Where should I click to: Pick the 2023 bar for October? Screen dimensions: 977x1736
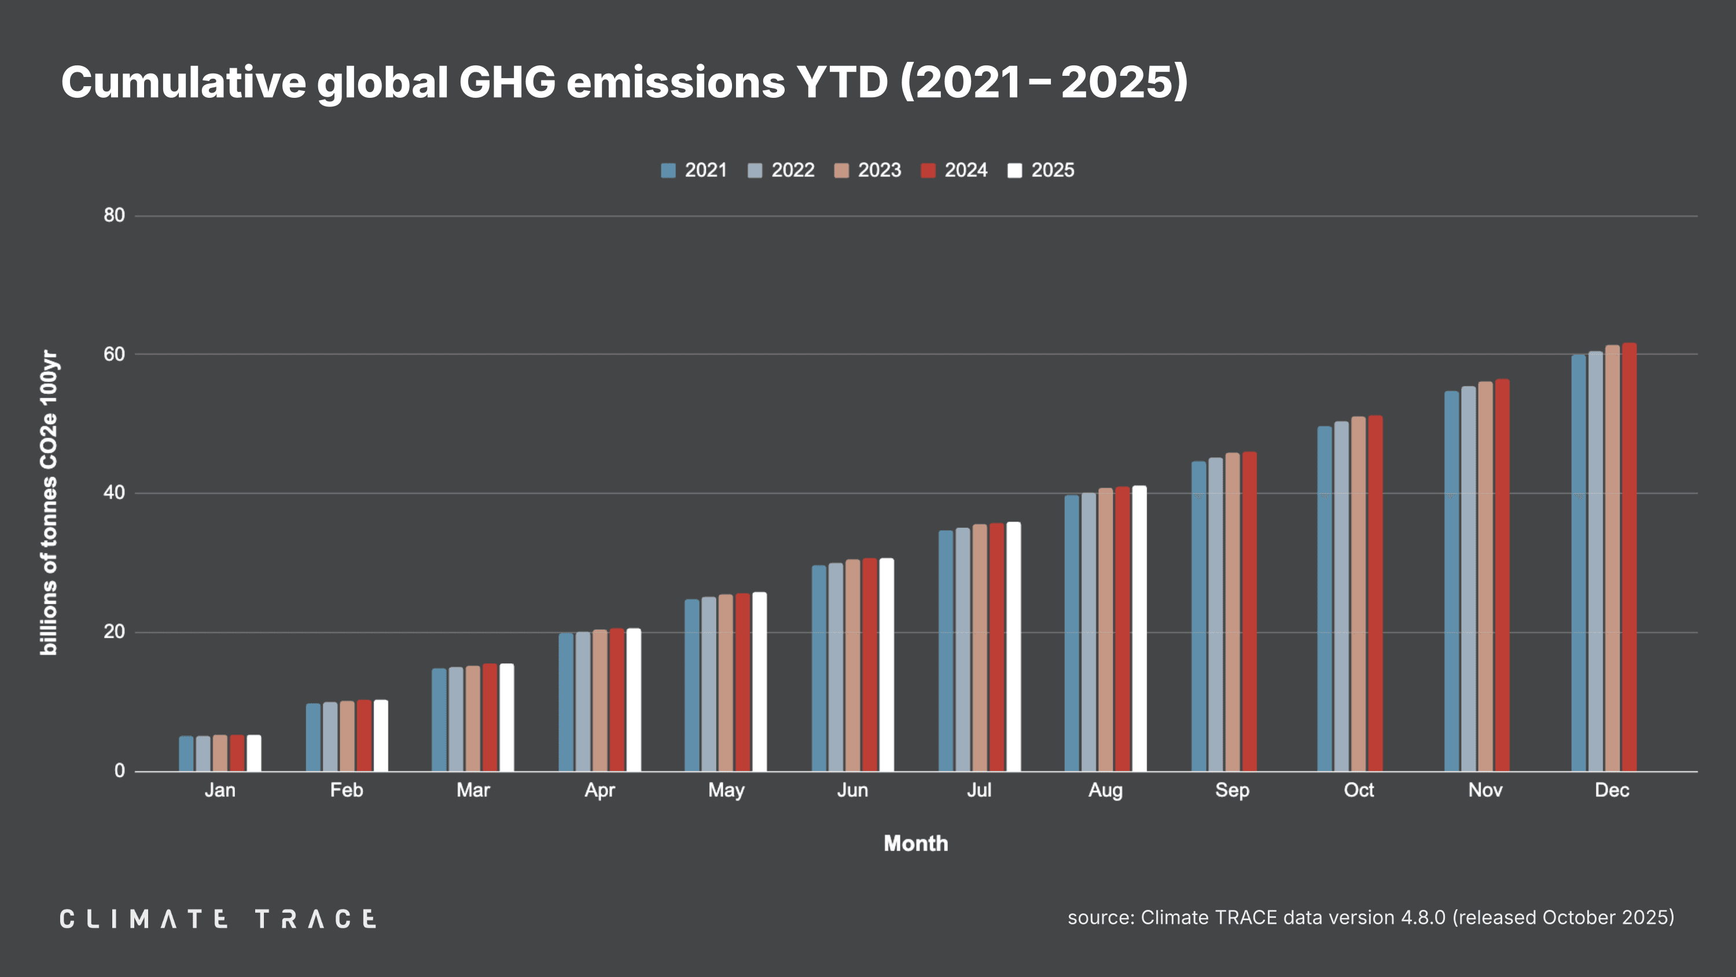coord(1358,593)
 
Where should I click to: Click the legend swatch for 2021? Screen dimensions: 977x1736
coord(668,171)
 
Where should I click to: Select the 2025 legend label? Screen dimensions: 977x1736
coord(1052,171)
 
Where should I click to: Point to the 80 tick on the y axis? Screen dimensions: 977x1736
coord(114,216)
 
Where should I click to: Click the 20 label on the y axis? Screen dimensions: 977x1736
coord(114,632)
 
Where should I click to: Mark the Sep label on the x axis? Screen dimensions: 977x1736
coord(1232,790)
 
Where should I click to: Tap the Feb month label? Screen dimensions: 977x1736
coord(347,790)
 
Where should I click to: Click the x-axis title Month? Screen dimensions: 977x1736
coord(915,843)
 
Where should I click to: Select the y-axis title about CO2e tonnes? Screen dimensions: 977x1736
coord(49,502)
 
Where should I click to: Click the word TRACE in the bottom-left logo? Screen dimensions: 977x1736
coord(315,919)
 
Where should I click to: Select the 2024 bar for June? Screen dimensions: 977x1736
coord(869,664)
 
